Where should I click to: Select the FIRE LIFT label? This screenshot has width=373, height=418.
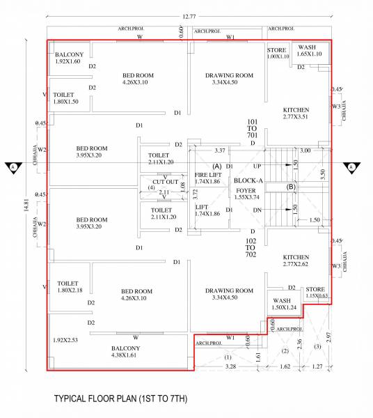tap(207, 178)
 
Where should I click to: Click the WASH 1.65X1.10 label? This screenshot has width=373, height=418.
tap(309, 50)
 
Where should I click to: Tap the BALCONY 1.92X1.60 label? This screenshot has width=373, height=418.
tap(68, 58)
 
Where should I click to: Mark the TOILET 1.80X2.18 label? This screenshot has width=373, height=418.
tap(69, 287)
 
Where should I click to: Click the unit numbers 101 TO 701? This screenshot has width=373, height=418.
tap(253, 130)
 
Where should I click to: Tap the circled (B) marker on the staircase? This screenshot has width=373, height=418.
tap(292, 187)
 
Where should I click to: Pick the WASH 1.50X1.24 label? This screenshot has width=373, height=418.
tap(284, 304)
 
